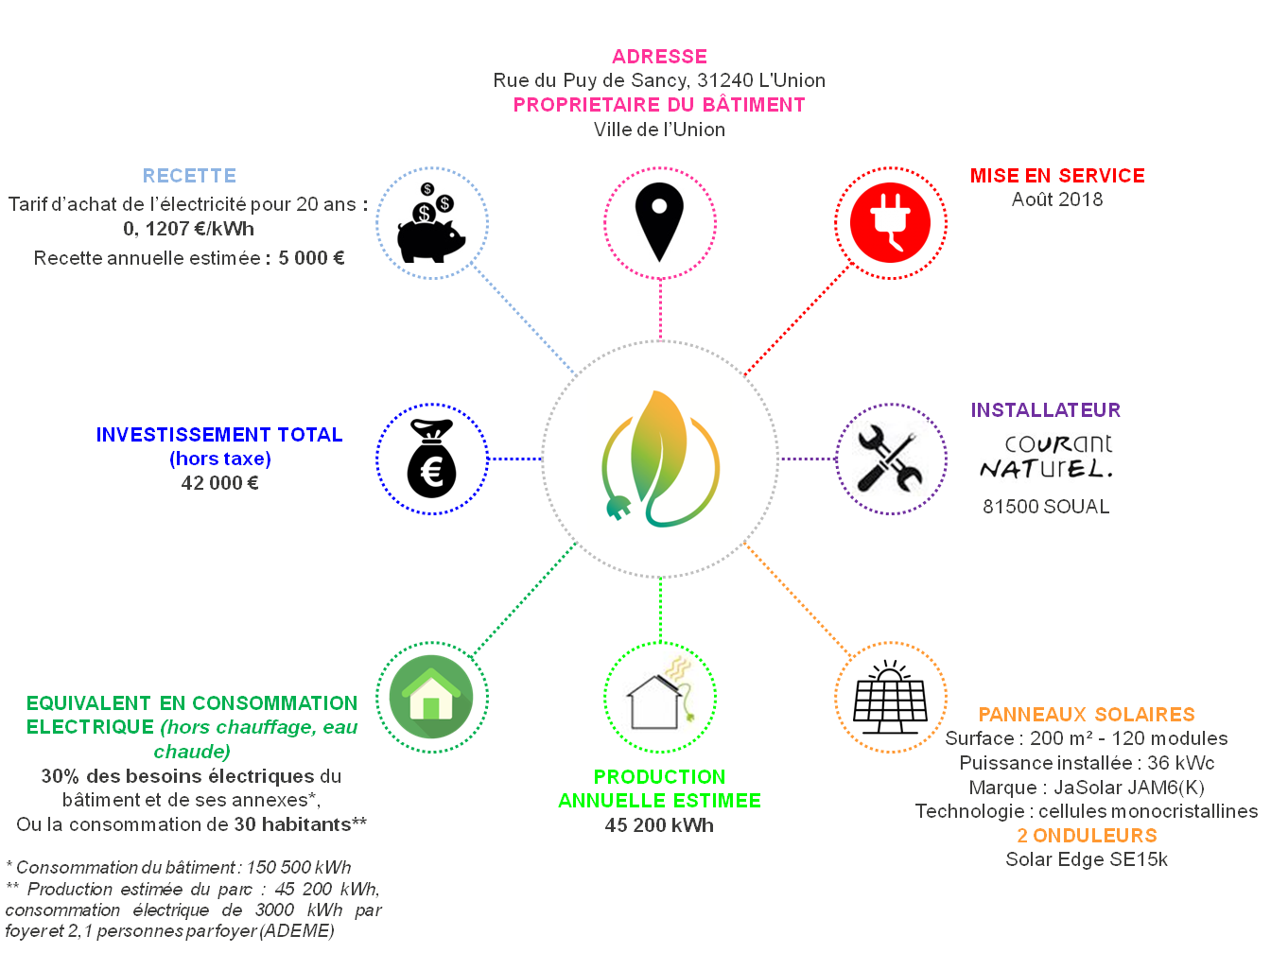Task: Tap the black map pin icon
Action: tap(659, 222)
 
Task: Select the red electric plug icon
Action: tap(890, 223)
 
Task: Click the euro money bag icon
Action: tap(431, 459)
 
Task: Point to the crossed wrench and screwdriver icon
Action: tap(890, 459)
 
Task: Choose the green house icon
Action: tap(431, 696)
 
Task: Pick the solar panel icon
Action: tap(890, 697)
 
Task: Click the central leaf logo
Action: tap(660, 459)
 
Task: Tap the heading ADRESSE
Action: tap(659, 57)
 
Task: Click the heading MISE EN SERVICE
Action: tap(1057, 175)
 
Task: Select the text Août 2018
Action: tap(1057, 199)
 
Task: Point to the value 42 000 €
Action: tap(219, 482)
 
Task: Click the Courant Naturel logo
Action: tap(1046, 457)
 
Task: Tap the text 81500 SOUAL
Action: tap(1046, 507)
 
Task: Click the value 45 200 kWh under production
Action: tap(659, 825)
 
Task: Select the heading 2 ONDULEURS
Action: tap(1087, 836)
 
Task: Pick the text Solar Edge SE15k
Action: tap(1087, 859)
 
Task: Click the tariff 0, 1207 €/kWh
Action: tap(189, 229)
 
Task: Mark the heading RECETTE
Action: tap(189, 175)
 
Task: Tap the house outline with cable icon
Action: tap(660, 693)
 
